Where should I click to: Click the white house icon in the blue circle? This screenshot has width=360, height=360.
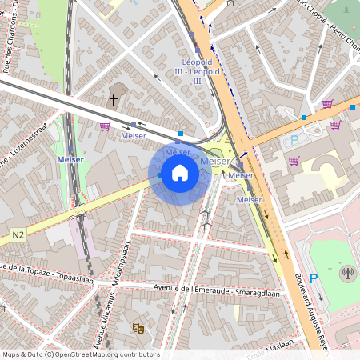coord(180,172)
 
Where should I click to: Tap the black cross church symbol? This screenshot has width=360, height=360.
coord(114,100)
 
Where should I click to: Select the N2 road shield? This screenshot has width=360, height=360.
coord(18,235)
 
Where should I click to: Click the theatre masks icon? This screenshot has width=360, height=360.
coord(138,327)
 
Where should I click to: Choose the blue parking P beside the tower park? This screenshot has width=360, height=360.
coord(314,278)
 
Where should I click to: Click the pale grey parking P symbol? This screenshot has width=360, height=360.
coord(294,139)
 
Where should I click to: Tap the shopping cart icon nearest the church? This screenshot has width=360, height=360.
coord(105,126)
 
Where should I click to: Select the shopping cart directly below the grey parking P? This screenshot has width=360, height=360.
coord(294,161)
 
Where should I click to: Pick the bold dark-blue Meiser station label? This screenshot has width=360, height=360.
coord(70,159)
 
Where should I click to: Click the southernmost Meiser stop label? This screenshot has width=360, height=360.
coord(250,199)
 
